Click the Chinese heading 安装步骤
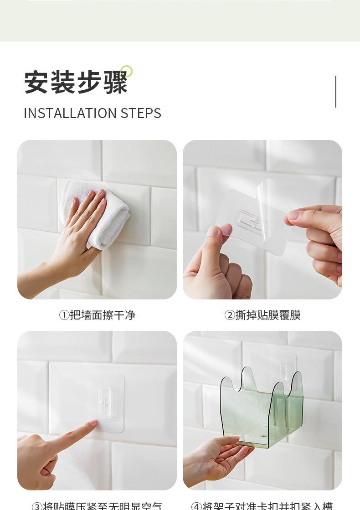tap(76, 82)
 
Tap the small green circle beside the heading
tap(127, 71)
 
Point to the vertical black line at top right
tap(336, 92)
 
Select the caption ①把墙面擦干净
tap(97, 315)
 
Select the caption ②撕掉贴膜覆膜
tap(262, 315)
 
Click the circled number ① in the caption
tap(64, 315)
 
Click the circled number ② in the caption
tap(230, 315)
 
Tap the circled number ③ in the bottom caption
tap(37, 506)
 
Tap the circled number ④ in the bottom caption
tap(196, 506)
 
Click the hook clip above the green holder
tap(283, 371)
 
